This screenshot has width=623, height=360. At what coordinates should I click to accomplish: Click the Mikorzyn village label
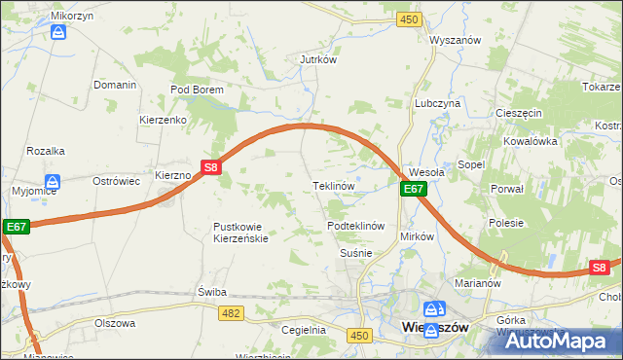(57, 17)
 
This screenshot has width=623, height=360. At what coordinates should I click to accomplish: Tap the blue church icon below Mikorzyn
(57, 33)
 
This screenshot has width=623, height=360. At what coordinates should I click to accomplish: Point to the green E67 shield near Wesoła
(414, 190)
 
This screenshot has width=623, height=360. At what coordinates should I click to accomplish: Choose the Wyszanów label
(457, 41)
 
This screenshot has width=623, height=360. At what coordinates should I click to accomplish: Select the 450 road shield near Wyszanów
(409, 19)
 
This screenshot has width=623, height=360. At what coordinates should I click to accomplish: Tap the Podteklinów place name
(356, 226)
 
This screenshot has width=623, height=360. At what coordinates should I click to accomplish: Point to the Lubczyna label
(437, 102)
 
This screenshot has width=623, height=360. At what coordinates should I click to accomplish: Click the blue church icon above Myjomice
(53, 181)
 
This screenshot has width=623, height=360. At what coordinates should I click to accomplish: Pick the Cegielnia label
(303, 330)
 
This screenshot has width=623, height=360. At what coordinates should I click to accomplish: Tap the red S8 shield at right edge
(601, 268)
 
